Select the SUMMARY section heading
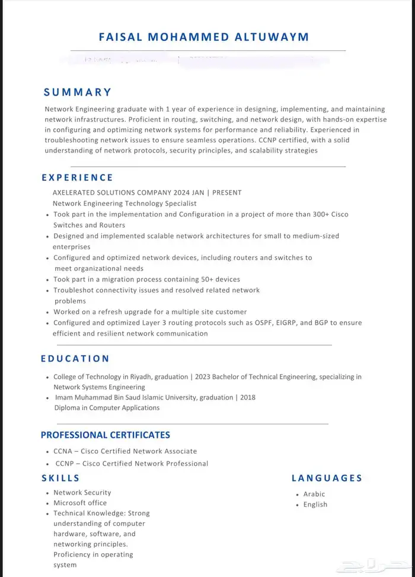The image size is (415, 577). pyautogui.click(x=78, y=92)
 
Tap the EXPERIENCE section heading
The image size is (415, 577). pyautogui.click(x=77, y=177)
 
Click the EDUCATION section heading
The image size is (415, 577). pyautogui.click(x=75, y=359)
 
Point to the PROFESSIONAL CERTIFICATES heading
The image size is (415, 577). pyautogui.click(x=106, y=435)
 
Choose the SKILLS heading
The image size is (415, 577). pyautogui.click(x=60, y=478)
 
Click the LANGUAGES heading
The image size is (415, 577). pyautogui.click(x=327, y=478)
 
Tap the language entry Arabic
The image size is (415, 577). pyautogui.click(x=314, y=494)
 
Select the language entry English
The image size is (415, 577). pyautogui.click(x=315, y=505)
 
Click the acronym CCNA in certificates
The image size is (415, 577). pyautogui.click(x=63, y=451)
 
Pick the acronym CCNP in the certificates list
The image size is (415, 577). pyautogui.click(x=65, y=464)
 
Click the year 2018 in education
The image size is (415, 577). pyautogui.click(x=248, y=397)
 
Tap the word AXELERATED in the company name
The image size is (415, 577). pyautogui.click(x=76, y=192)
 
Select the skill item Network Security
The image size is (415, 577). pyautogui.click(x=82, y=493)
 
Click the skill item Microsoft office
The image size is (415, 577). pyautogui.click(x=80, y=503)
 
